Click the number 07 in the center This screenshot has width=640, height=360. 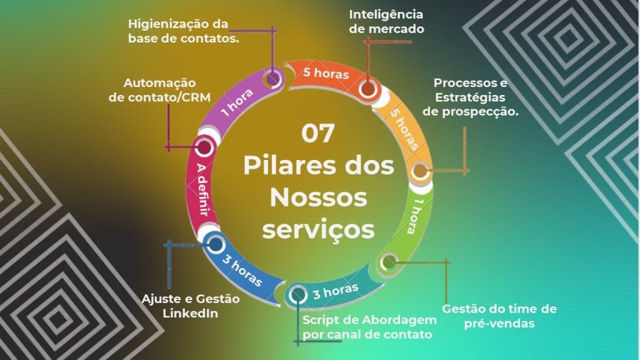tap(318, 133)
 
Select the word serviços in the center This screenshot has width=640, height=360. tap(318, 228)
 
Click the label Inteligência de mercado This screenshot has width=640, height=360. tap(386, 21)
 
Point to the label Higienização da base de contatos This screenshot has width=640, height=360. tap(178, 31)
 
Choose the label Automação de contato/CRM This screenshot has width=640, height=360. tap(159, 89)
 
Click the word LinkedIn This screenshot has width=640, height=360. tap(190, 313)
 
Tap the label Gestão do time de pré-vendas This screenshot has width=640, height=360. tap(499, 316)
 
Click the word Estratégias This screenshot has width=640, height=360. tap(469, 97)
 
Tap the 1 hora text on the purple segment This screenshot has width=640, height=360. tap(236, 104)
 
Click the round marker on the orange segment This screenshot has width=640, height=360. tap(367, 89)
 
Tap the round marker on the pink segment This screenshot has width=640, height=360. tap(204, 148)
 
